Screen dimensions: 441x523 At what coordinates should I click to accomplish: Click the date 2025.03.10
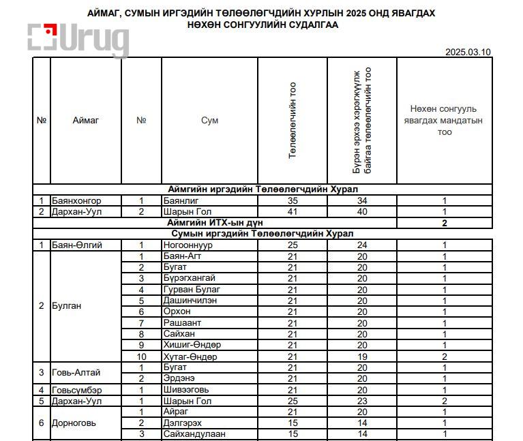(467, 52)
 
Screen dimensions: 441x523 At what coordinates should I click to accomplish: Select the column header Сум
(209, 121)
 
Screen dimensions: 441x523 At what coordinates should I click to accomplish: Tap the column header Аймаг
(86, 121)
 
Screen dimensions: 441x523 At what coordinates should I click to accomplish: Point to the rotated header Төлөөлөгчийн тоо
(293, 121)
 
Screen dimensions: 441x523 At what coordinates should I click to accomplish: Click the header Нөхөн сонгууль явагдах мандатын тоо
(444, 121)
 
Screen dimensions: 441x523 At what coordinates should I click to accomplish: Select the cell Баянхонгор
(76, 201)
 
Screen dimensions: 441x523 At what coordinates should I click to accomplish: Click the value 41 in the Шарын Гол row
(293, 212)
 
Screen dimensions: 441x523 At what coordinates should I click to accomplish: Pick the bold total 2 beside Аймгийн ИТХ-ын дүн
(444, 223)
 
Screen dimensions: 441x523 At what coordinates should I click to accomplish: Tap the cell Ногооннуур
(189, 245)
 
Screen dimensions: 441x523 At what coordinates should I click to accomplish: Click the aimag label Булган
(66, 306)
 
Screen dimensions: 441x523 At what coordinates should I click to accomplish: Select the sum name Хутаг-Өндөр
(190, 356)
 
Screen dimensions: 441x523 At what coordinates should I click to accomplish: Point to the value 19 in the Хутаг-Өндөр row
(362, 356)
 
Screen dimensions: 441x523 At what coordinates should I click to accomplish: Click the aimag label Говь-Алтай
(76, 373)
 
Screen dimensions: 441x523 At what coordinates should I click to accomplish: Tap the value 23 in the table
(362, 401)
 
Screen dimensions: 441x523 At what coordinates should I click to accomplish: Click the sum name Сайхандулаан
(194, 434)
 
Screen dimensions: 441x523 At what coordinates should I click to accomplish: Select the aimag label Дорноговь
(74, 423)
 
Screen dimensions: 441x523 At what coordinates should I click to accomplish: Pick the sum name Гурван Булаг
(192, 290)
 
